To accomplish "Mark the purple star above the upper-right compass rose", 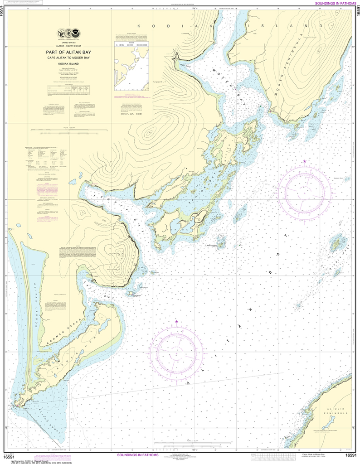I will pyautogui.click(x=305, y=161).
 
